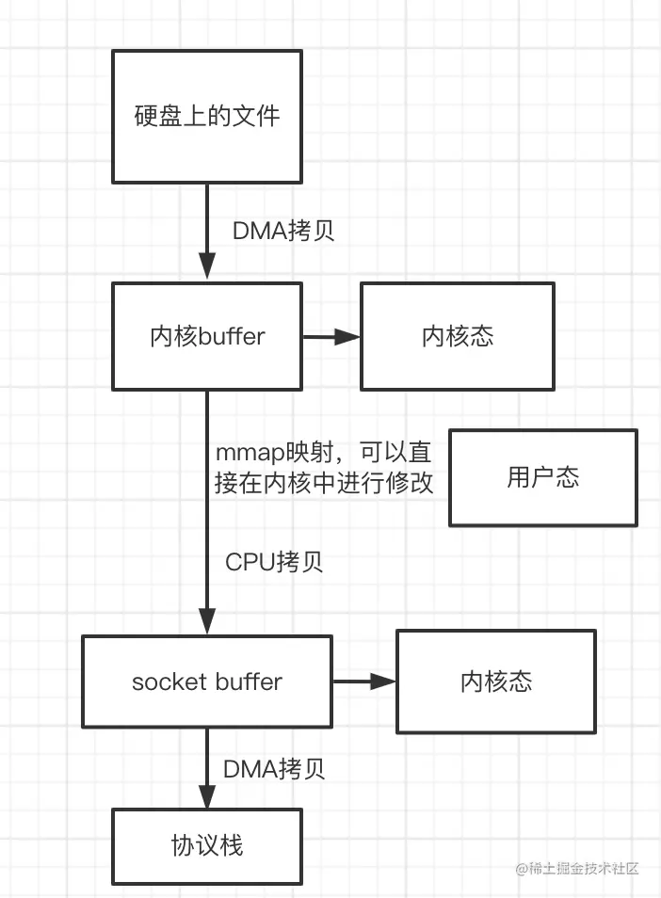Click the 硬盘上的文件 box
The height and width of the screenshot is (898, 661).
pos(207,117)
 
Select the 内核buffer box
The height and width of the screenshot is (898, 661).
pos(207,337)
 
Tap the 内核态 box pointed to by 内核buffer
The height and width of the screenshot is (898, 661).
pos(458,337)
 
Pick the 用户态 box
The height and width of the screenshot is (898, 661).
pos(543,477)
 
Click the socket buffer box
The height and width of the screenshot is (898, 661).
pos(207,682)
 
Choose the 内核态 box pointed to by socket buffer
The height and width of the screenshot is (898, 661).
pos(496,682)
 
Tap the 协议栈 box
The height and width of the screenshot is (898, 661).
pos(207,844)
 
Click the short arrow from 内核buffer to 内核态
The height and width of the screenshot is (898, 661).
pos(331,337)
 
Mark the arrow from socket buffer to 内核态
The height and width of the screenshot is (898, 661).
pos(364,682)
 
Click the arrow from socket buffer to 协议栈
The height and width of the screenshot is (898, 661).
pos(207,768)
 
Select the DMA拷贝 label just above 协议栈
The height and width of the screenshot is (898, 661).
pos(274,769)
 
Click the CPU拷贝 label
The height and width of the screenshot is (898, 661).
pos(274,562)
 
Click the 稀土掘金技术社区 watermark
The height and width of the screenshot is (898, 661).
pos(577,868)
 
